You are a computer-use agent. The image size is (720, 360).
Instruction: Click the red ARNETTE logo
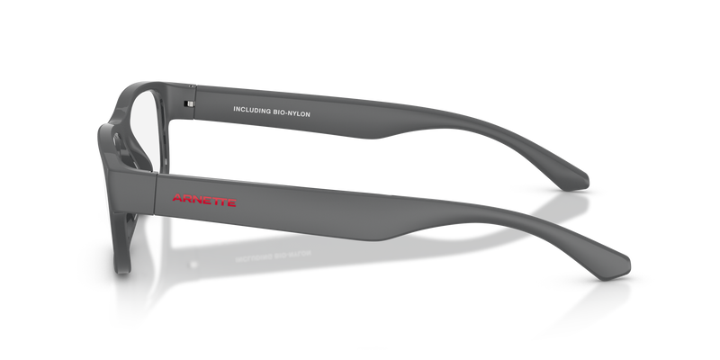coord(204,200)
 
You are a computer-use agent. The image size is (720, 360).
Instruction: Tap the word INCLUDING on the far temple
coord(251,111)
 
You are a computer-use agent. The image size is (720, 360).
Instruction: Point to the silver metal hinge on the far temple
coord(189,104)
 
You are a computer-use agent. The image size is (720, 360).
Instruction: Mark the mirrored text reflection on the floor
coord(274,256)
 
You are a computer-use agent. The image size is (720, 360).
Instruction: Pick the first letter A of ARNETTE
coord(177,198)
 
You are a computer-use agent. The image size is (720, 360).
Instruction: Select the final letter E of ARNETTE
coord(232,202)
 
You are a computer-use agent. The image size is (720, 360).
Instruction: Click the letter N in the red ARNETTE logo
coord(196,200)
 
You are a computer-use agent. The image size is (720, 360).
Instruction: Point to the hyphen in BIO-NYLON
coord(286,113)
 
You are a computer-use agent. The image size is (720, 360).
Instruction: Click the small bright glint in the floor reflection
coord(193,265)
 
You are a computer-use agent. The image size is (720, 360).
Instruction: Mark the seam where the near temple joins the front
coord(155,193)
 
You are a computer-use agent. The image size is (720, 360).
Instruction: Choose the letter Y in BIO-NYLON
coord(295,113)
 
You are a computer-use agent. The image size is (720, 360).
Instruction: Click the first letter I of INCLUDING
coord(234,109)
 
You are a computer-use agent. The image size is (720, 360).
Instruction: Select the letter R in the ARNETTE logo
coord(186,199)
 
